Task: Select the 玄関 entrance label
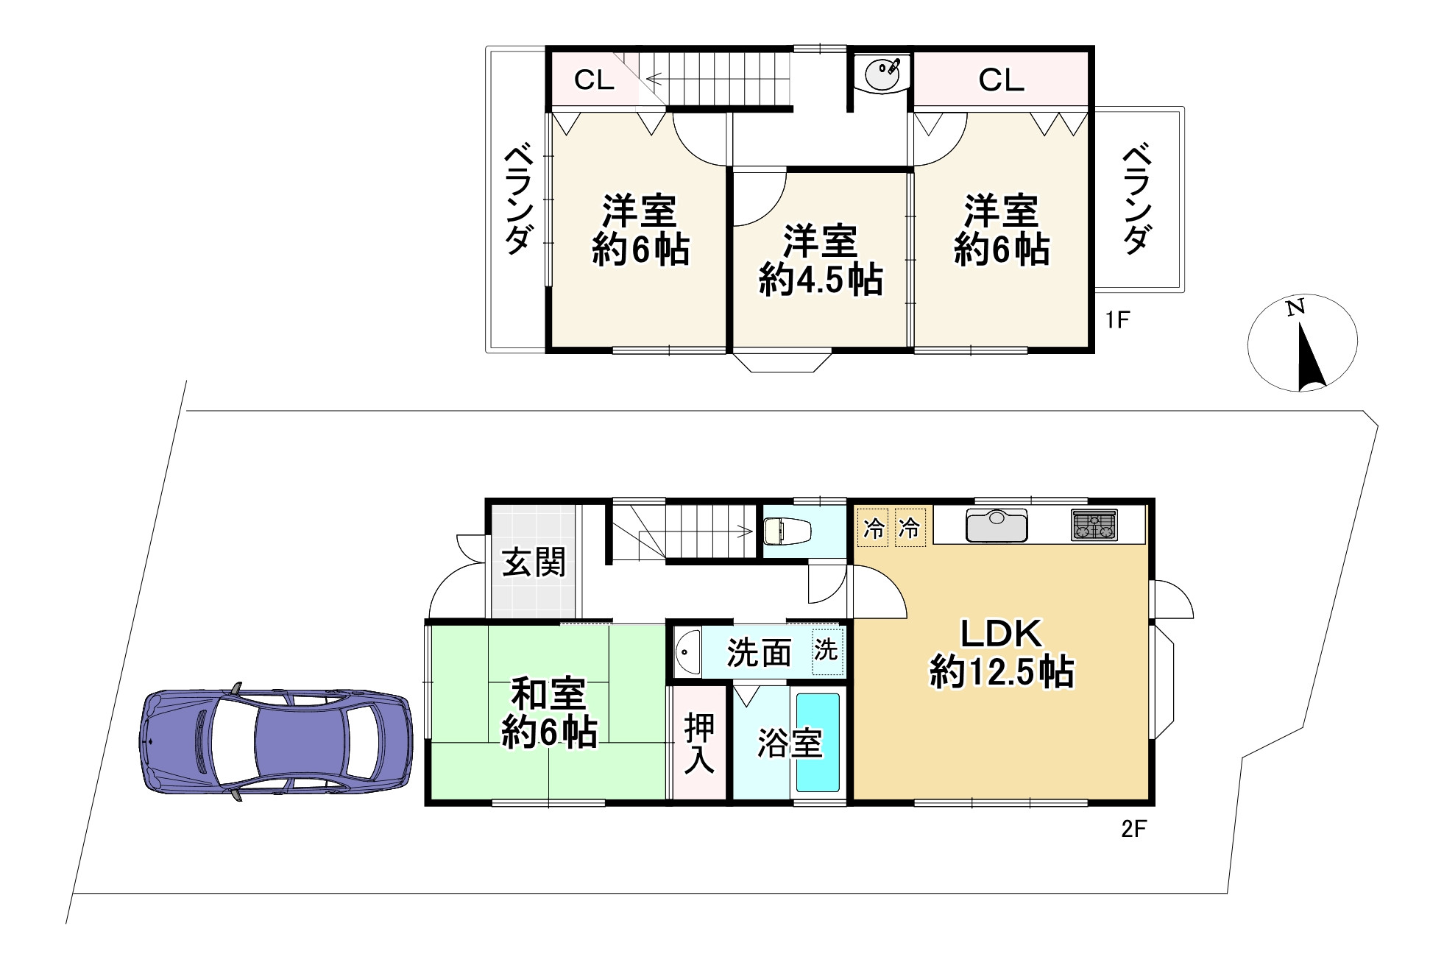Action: tap(534, 563)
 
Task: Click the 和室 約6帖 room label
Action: tap(548, 713)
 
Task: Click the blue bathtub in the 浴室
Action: tap(818, 742)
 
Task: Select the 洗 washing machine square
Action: tap(826, 651)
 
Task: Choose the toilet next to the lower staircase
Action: tap(787, 530)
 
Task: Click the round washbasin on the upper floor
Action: tap(882, 73)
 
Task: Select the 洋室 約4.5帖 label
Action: tap(820, 261)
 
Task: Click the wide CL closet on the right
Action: tap(1001, 80)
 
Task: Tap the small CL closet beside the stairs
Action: tap(593, 80)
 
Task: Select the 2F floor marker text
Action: tap(1133, 830)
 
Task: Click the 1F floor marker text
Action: tap(1116, 320)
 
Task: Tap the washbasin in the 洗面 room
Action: tap(687, 651)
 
